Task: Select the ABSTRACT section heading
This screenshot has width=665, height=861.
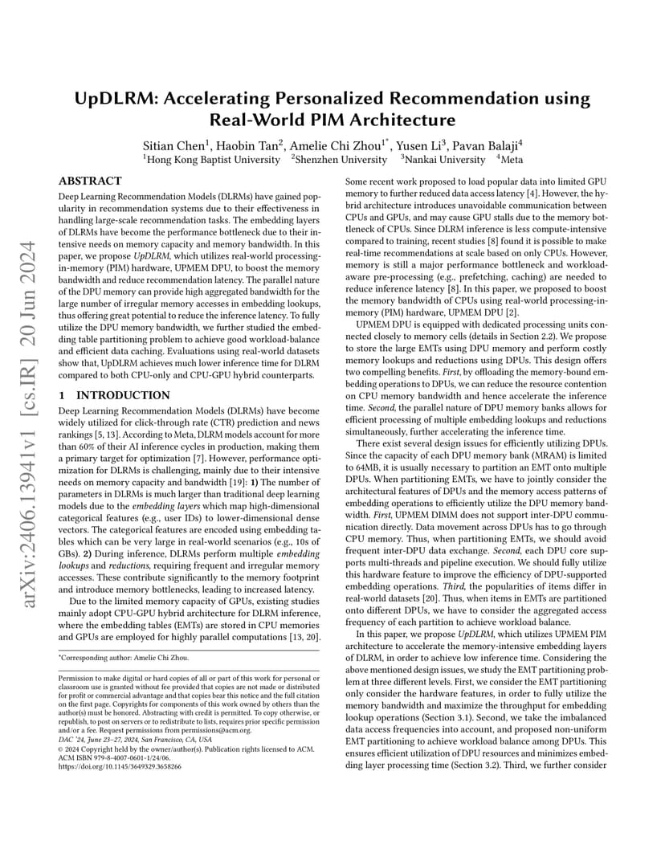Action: tap(91, 182)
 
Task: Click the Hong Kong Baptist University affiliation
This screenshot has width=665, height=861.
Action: tap(211, 160)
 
